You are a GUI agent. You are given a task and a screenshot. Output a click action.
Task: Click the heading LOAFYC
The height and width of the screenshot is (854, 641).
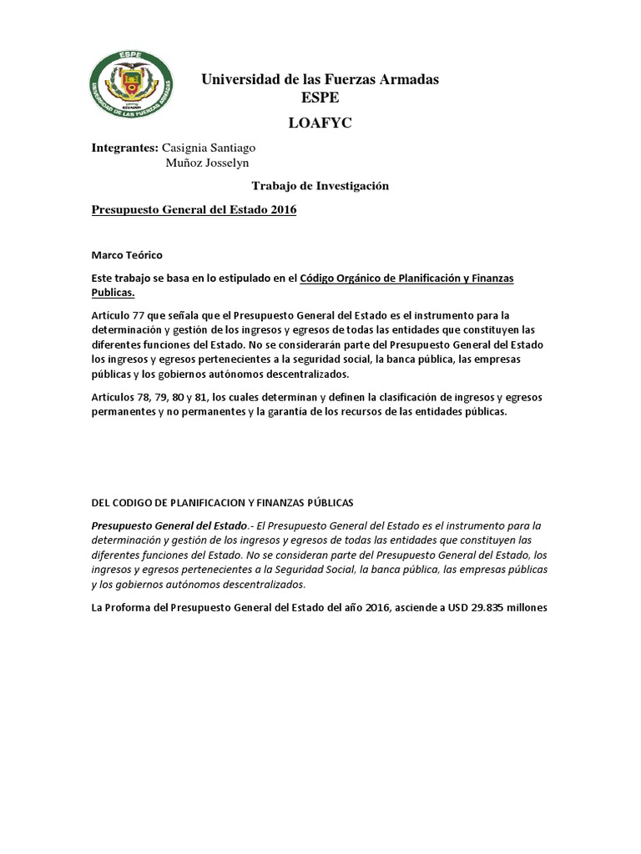tap(320, 123)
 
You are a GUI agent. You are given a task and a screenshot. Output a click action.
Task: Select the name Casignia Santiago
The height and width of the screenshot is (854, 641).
tap(208, 148)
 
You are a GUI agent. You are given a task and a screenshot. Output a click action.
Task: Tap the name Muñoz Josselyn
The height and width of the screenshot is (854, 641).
tap(201, 163)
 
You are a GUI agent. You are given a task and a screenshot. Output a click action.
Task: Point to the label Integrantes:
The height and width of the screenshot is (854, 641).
tap(124, 148)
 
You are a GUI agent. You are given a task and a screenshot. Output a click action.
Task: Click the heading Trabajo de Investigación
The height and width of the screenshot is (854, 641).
tap(320, 187)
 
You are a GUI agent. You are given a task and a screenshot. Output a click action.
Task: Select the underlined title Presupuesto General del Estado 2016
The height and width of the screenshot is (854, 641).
tap(194, 210)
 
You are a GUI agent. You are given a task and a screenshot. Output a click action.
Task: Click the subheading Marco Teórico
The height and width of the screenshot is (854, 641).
tap(128, 255)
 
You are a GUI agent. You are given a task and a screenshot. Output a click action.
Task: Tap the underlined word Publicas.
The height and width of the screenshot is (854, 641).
tap(113, 293)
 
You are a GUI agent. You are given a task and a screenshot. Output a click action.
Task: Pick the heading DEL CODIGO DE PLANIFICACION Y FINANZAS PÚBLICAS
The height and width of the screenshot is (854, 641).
tap(222, 502)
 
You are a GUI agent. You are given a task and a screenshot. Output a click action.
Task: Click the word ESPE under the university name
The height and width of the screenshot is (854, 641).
tap(320, 97)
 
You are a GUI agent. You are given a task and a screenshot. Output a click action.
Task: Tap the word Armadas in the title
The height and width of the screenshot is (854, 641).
tap(406, 80)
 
